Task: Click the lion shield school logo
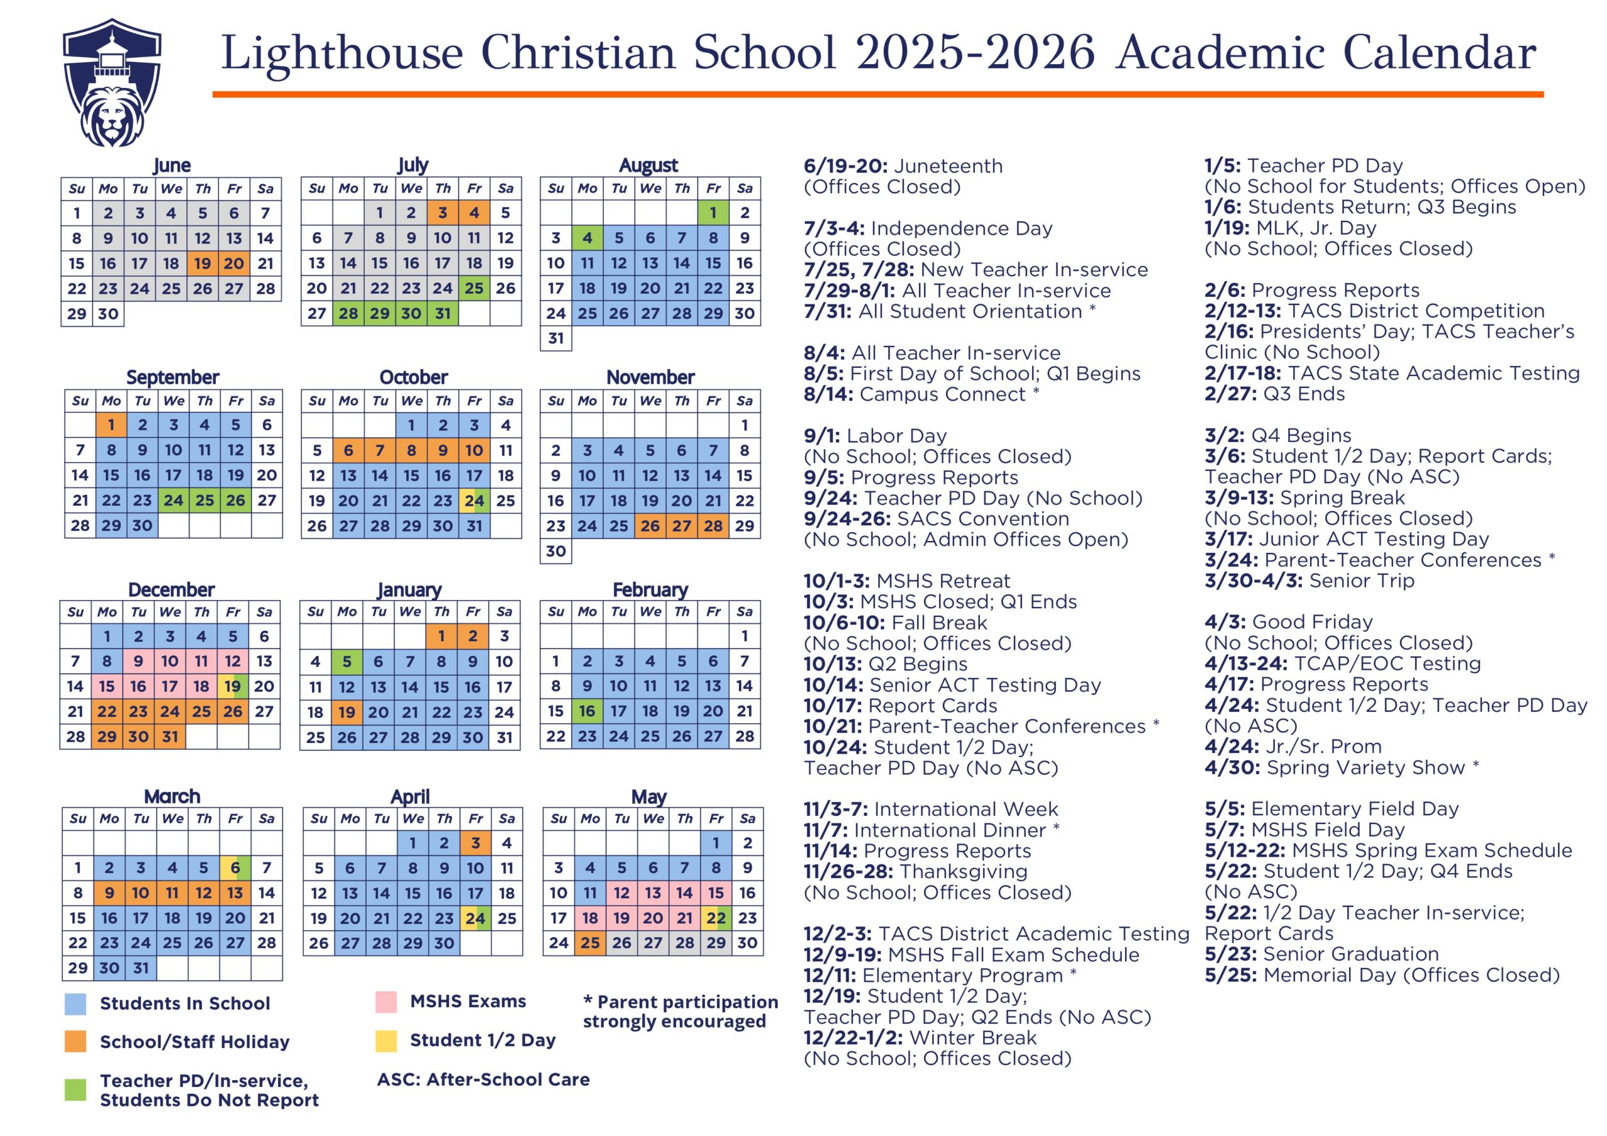tap(112, 83)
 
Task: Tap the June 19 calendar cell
tap(202, 263)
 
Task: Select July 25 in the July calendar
tap(474, 288)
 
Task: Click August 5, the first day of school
tap(619, 238)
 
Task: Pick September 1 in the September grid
tap(111, 425)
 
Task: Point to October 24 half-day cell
tap(474, 500)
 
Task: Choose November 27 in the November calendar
tap(681, 526)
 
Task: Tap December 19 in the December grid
tap(232, 686)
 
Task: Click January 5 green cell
tap(347, 662)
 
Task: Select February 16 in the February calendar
tap(586, 711)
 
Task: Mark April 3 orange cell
tap(475, 843)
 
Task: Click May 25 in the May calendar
tap(590, 943)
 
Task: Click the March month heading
tap(172, 796)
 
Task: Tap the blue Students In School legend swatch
tap(75, 1004)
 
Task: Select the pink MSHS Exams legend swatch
tap(385, 1002)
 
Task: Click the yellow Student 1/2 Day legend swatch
tap(385, 1041)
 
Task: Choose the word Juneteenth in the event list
tap(949, 166)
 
